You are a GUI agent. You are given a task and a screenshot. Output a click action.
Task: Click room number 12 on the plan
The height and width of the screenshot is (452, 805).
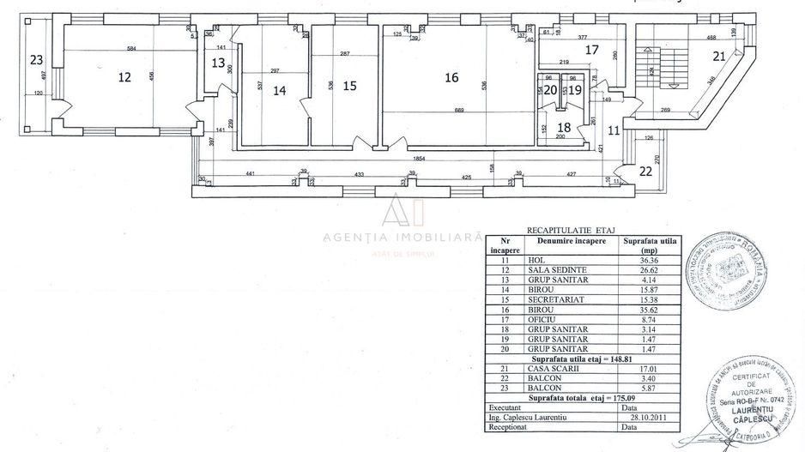(x=124, y=77)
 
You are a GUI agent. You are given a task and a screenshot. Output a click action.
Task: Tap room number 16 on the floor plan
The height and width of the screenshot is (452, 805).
(x=451, y=77)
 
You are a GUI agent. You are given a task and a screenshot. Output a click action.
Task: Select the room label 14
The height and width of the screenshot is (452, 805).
(x=279, y=88)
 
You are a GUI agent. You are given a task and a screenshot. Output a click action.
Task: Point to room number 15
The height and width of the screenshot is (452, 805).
(x=348, y=85)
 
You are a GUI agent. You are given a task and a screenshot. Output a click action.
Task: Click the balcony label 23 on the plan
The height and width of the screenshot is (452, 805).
(x=35, y=60)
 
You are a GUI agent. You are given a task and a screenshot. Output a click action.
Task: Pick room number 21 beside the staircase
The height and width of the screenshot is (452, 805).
(x=719, y=56)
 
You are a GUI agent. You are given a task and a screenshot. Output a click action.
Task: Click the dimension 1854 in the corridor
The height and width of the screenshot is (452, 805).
(x=419, y=160)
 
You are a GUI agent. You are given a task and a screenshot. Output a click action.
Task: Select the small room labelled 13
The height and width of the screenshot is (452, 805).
(x=218, y=63)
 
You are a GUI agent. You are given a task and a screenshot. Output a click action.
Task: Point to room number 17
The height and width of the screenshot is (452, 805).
(x=591, y=50)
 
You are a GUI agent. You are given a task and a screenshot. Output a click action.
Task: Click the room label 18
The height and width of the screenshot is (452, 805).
(x=564, y=127)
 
